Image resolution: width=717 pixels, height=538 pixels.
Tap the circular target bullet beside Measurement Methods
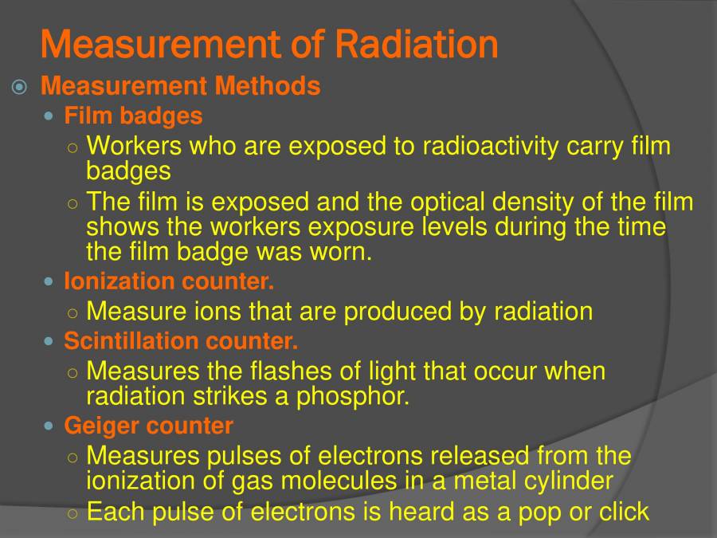[20, 86]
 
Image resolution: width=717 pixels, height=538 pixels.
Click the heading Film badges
[133, 116]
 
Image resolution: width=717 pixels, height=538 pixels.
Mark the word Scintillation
[132, 341]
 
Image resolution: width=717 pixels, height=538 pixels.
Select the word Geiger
[102, 426]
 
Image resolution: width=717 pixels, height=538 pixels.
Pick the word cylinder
[566, 481]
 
